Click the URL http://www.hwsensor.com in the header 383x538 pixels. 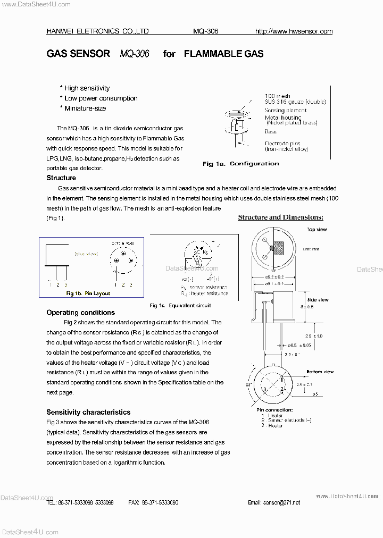coord(294,31)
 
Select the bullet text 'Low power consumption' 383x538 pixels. coord(101,98)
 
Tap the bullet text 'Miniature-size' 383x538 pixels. coord(85,108)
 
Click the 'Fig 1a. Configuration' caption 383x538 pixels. coord(240,164)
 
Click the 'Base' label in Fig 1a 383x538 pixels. coord(271,131)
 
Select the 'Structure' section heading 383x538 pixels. coord(61,178)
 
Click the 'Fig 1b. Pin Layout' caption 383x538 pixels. coord(88,293)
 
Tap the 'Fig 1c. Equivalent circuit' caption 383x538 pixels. coord(180,306)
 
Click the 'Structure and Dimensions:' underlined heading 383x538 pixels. coord(280,217)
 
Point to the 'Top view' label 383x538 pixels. coord(317,230)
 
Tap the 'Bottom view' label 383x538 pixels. coord(320,372)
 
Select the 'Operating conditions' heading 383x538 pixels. coord(80,313)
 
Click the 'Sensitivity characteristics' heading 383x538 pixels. coord(88,412)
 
